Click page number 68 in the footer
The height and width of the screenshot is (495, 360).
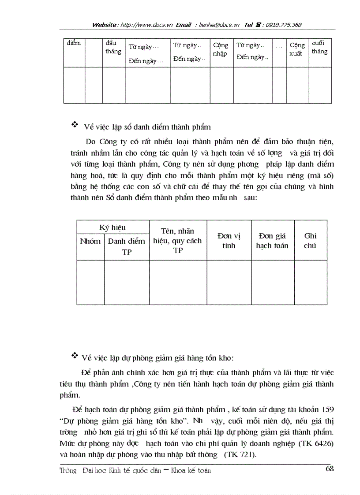coord(330,468)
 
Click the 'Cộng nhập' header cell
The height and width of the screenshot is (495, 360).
coord(221,49)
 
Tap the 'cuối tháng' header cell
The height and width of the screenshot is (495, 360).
coord(319,47)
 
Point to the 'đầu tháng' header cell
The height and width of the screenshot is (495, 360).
coord(113,47)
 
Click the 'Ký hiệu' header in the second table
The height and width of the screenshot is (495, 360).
coord(112,227)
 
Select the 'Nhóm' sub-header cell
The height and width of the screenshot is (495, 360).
coord(90,241)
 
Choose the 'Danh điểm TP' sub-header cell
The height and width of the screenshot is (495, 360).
coord(127,246)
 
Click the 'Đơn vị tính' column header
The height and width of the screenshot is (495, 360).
coord(229,241)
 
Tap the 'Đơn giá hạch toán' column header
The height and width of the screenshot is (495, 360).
coord(272,241)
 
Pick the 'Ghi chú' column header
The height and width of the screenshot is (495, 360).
coord(310,241)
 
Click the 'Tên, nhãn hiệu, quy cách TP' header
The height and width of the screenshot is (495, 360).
coord(178,241)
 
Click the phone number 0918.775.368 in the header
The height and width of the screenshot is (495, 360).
coord(282,25)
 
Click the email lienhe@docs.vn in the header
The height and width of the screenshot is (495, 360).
coord(219,25)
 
